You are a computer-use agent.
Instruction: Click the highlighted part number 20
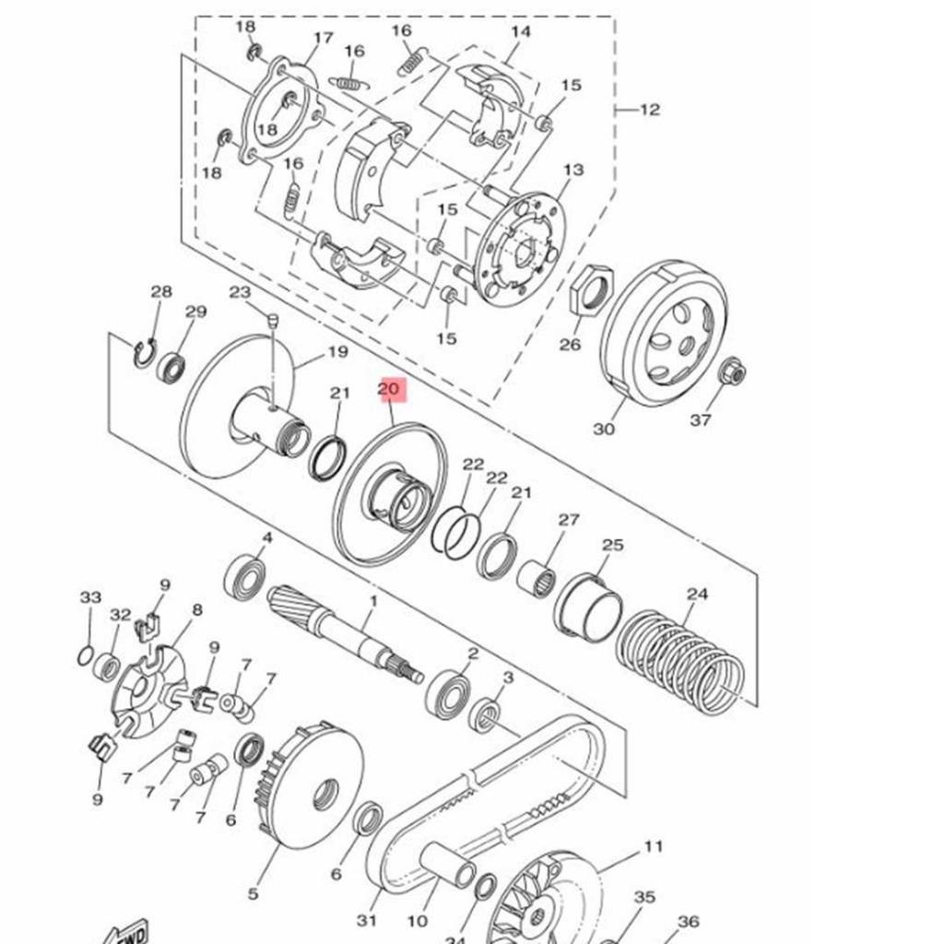pos(389,390)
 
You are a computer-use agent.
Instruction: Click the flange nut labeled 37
pos(731,372)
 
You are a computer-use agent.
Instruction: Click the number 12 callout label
pos(650,110)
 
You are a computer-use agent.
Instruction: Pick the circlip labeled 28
pos(144,353)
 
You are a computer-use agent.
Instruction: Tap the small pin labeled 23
pos(273,322)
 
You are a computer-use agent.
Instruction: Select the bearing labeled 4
pos(245,576)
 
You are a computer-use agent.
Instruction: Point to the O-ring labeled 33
pos(84,656)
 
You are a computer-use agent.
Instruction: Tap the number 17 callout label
pos(323,38)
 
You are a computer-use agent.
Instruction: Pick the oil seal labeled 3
pos(486,714)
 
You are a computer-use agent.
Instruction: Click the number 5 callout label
pos(253,892)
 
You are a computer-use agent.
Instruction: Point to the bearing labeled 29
pos(171,368)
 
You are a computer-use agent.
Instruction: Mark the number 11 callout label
pos(654,846)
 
